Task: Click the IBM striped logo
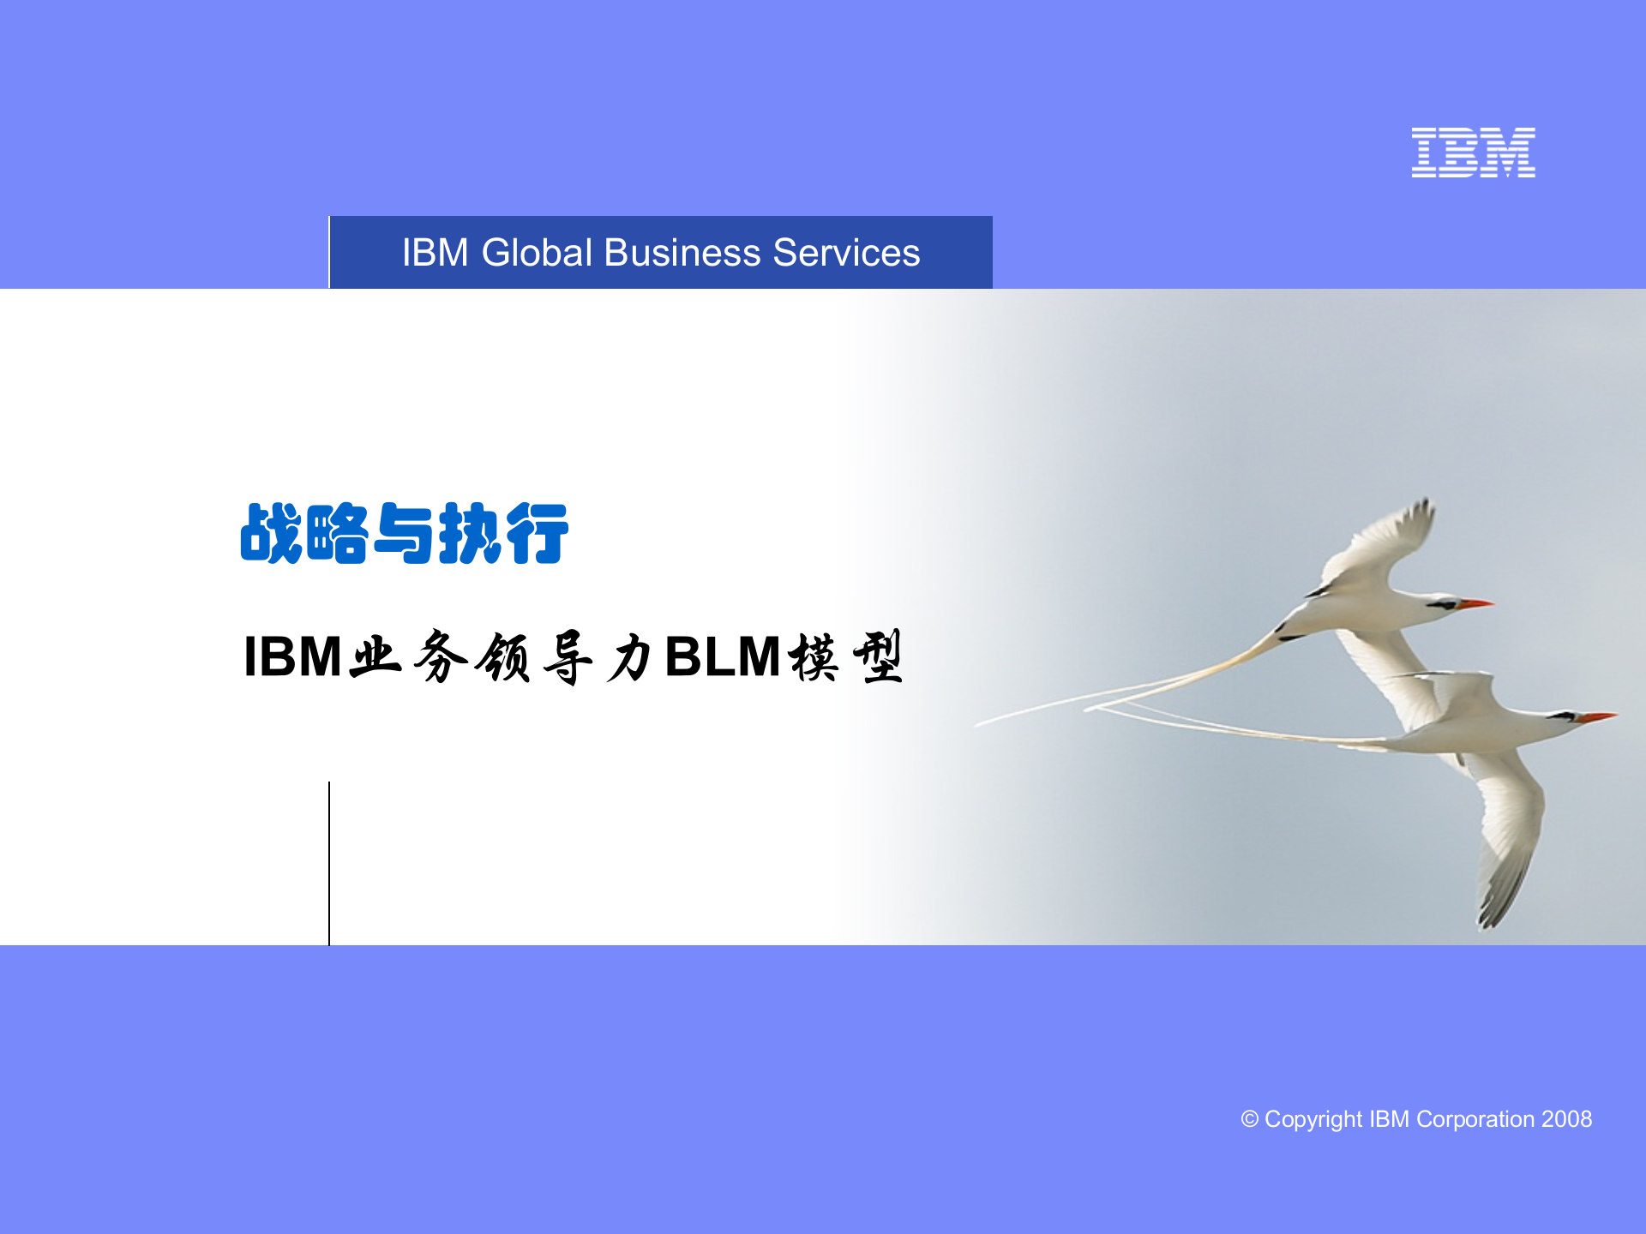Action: [x=1473, y=153]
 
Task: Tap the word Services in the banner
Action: [x=846, y=253]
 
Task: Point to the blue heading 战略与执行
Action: [x=404, y=534]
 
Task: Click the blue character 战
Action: [x=271, y=534]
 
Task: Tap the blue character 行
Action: [x=538, y=534]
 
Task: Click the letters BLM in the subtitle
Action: [x=722, y=657]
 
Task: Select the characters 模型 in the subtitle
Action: [x=846, y=657]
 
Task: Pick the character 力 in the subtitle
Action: [x=630, y=658]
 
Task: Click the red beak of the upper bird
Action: [x=1476, y=604]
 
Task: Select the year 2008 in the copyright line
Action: [x=1566, y=1119]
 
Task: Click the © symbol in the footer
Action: [x=1249, y=1119]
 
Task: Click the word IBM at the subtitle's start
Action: [x=292, y=657]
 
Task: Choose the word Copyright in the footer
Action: [x=1313, y=1119]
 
